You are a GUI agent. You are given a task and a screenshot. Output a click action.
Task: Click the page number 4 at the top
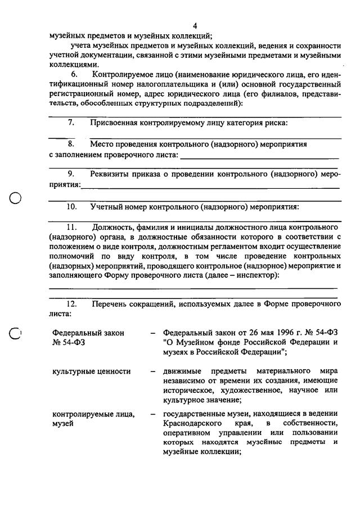tap(195, 26)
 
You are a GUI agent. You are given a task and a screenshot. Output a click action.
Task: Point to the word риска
tap(274, 123)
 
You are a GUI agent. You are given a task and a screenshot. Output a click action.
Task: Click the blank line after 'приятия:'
tap(210, 187)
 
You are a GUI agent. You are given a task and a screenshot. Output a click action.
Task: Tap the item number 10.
tap(71, 207)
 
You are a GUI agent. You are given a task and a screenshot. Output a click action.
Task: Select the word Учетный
tap(106, 207)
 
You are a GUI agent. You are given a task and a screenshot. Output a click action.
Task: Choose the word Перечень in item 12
tap(110, 304)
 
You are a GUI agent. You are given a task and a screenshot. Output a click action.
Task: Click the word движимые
tap(182, 371)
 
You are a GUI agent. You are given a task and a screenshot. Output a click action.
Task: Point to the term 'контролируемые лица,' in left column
tap(93, 414)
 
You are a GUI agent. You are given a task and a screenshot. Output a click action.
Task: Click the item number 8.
tap(71, 144)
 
